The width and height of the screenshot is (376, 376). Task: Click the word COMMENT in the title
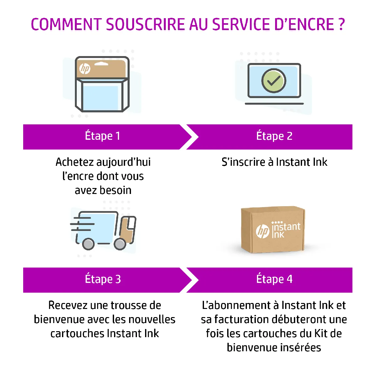click(66, 24)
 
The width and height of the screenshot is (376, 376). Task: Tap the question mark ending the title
click(342, 24)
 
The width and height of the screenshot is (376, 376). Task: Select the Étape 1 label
click(102, 136)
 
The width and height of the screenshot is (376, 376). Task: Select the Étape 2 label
click(274, 136)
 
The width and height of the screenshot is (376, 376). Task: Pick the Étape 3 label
click(103, 279)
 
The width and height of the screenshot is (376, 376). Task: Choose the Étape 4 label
click(274, 279)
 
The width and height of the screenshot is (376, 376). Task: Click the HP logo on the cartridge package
click(85, 68)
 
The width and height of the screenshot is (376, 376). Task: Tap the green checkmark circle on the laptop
click(274, 81)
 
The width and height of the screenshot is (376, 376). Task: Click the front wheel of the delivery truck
click(120, 244)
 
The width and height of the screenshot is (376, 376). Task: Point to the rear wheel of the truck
click(88, 244)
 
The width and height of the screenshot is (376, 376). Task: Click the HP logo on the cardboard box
click(263, 231)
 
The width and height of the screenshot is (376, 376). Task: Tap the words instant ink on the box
click(285, 230)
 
